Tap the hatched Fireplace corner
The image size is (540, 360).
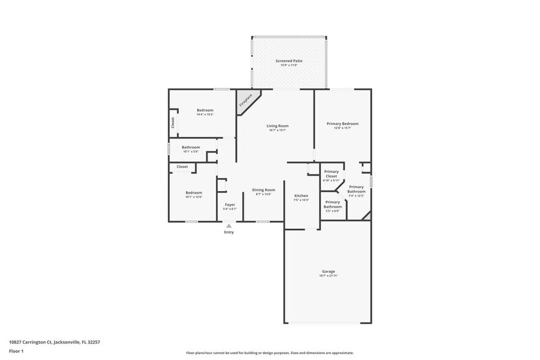246,100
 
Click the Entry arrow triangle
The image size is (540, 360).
229,226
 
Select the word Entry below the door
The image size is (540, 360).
229,232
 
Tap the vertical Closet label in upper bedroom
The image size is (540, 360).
173,122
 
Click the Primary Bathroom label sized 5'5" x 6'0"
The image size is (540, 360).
332,204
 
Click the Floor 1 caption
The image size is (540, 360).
16,351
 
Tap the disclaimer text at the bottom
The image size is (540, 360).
269,353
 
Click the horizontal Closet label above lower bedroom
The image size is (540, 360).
182,167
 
